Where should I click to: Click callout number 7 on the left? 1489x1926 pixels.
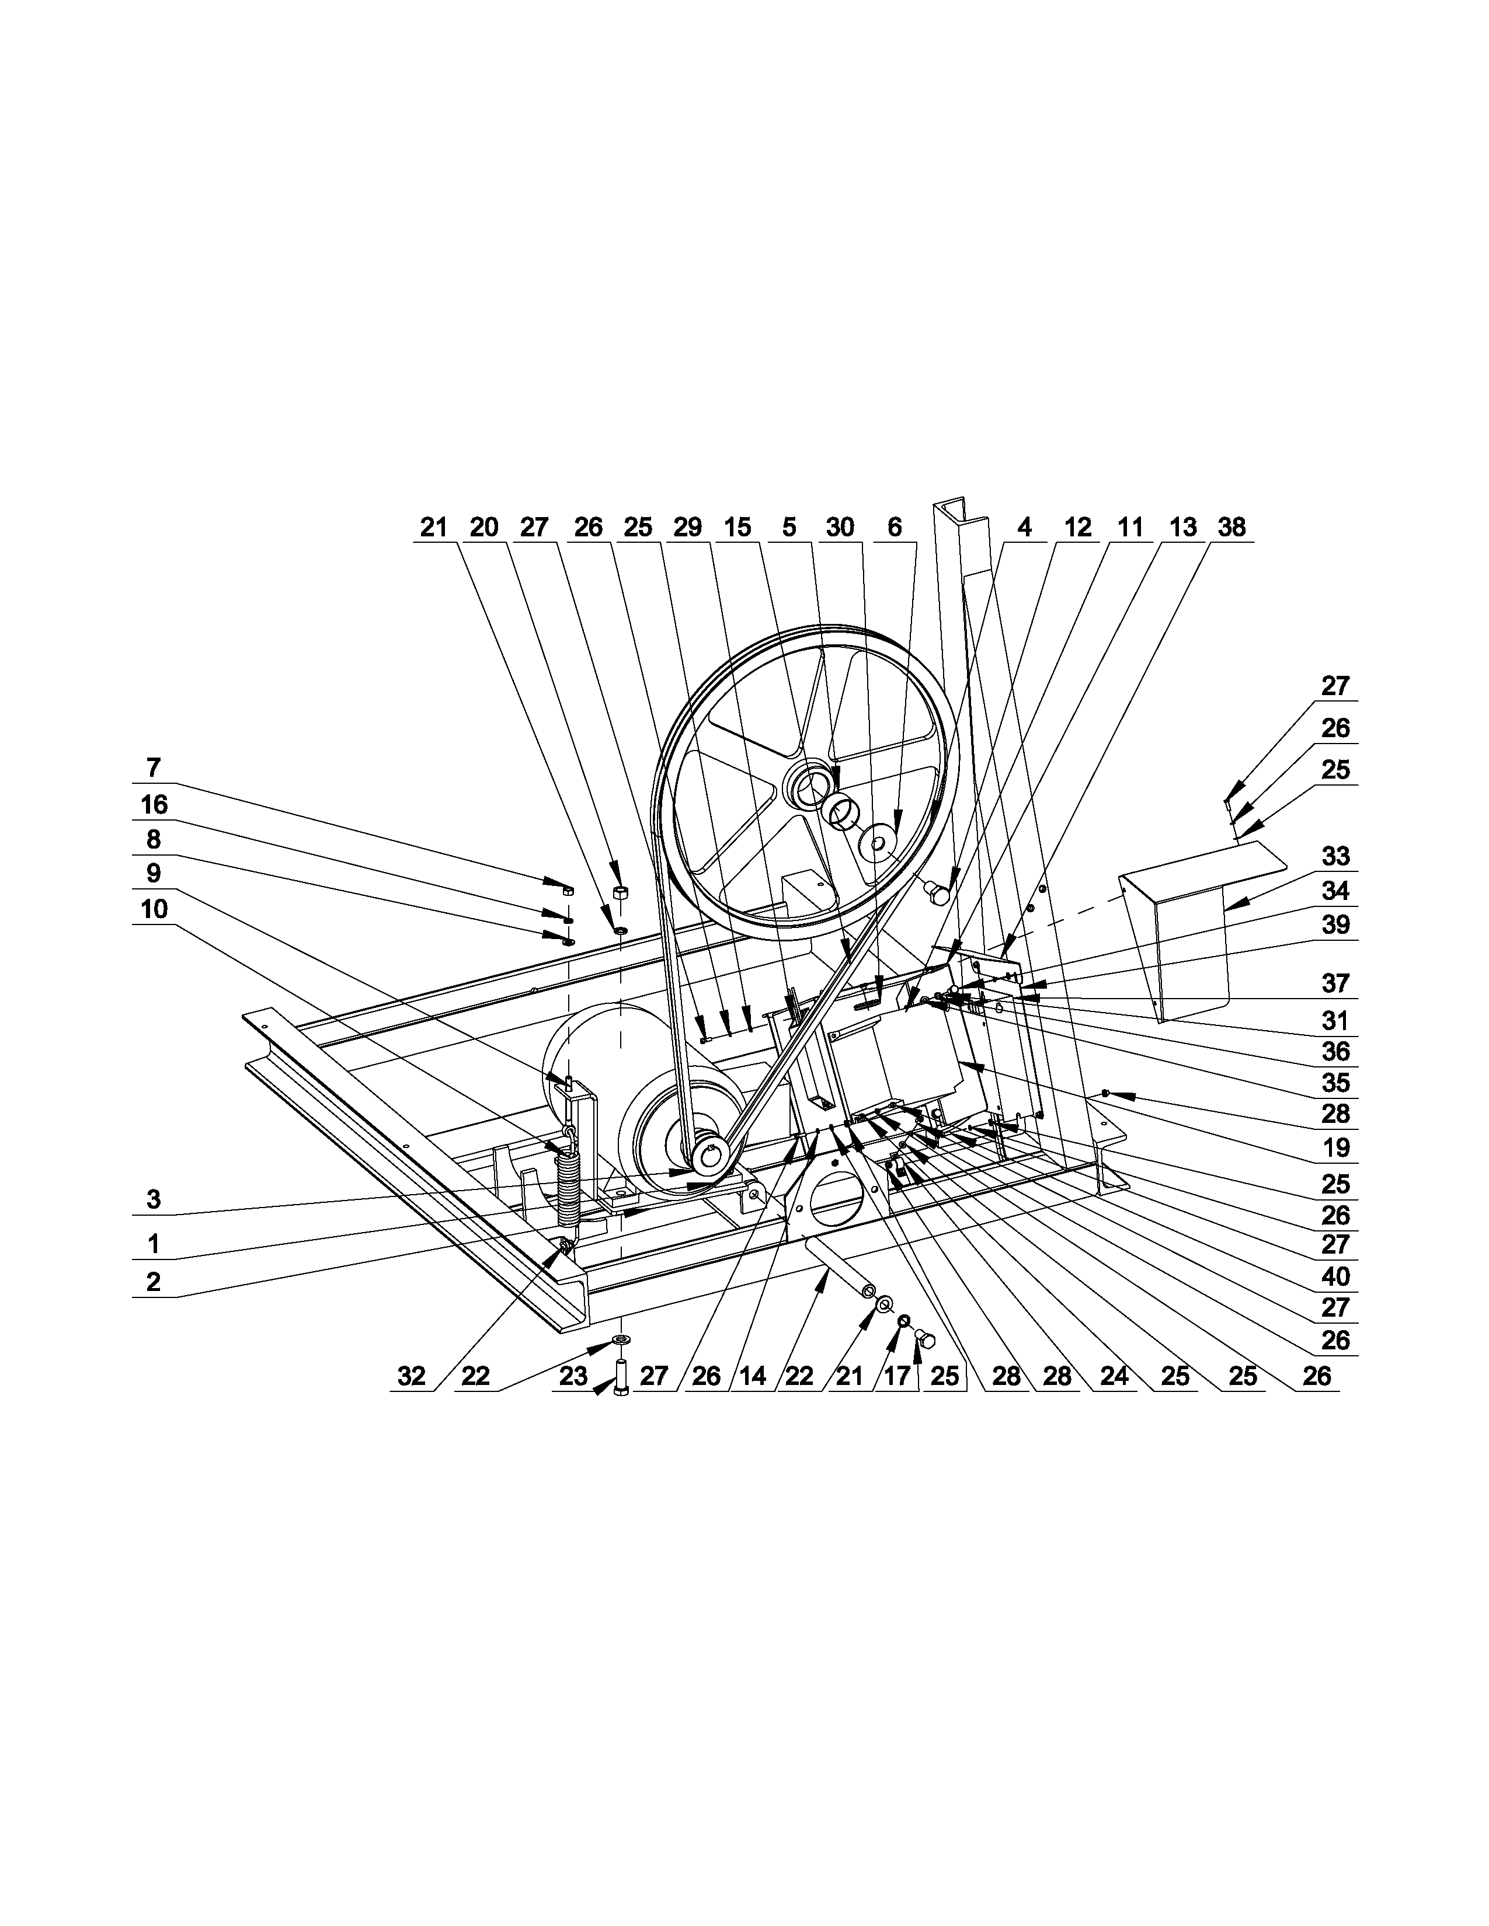tap(154, 768)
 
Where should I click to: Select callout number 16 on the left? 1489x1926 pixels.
tap(154, 804)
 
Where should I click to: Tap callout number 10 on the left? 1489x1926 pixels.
tap(154, 909)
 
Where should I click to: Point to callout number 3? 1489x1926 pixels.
tap(154, 1199)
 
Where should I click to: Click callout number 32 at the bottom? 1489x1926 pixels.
tap(411, 1377)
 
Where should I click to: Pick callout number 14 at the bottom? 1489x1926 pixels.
tap(753, 1377)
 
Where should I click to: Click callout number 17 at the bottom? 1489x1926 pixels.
tap(896, 1377)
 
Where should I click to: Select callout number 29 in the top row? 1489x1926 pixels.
tap(687, 528)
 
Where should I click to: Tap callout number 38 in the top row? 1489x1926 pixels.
tap(1231, 528)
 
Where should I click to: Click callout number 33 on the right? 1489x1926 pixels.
tap(1335, 856)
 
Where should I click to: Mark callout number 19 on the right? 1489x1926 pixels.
tap(1335, 1147)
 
